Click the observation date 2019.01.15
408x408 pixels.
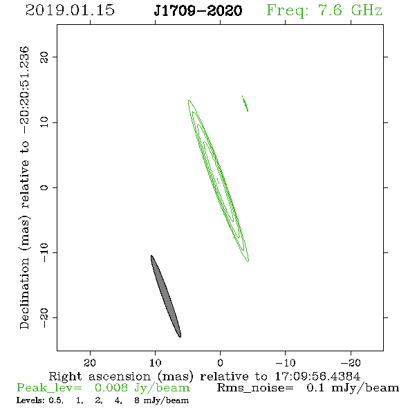pos(70,10)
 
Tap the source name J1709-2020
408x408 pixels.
pos(198,10)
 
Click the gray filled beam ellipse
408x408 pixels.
pos(166,297)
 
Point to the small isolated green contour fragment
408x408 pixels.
pos(245,104)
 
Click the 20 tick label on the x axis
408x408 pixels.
pos(90,362)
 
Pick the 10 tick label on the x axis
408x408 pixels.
pos(155,362)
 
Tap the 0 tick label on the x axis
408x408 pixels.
pos(220,362)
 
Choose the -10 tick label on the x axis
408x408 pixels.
pos(286,362)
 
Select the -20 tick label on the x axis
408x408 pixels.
pos(351,362)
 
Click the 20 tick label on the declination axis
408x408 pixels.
pos(44,57)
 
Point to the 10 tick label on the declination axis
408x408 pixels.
pos(44,122)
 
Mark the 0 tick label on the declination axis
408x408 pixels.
pos(44,187)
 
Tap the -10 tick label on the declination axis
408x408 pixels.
pos(44,252)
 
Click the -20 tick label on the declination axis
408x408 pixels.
pos(44,317)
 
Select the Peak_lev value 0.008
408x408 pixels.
pos(111,388)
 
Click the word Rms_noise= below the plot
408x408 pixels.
pos(255,388)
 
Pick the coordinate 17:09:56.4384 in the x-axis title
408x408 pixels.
pos(317,376)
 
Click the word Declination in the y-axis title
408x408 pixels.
pos(24,293)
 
